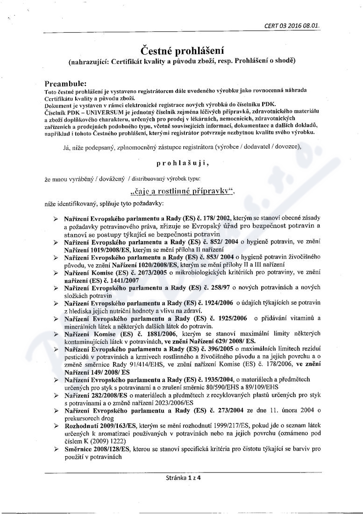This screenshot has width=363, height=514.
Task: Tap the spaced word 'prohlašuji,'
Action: click(x=182, y=164)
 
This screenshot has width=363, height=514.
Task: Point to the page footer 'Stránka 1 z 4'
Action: click(x=182, y=478)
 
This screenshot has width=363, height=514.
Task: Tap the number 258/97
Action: click(x=223, y=288)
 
